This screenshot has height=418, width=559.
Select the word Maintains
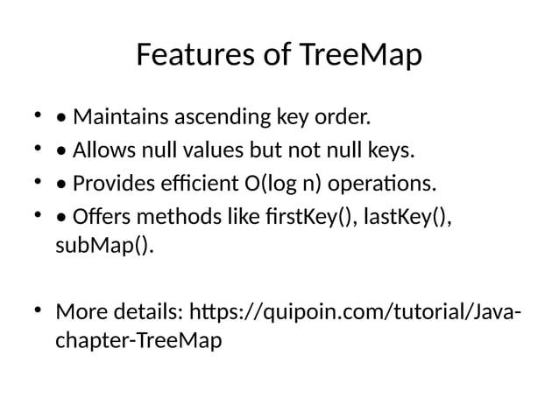123,116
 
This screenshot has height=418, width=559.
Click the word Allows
103,151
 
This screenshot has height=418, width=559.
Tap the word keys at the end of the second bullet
390,151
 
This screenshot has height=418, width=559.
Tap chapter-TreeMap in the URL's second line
138,339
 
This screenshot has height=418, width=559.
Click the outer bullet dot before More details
37,310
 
